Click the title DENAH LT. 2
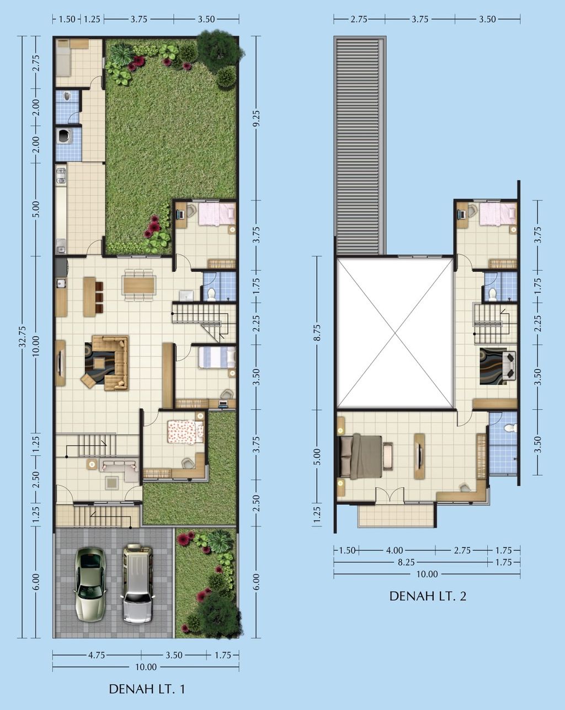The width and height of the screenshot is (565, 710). click(428, 596)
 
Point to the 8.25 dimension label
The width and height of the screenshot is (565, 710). click(406, 562)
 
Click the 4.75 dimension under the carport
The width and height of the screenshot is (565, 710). click(97, 655)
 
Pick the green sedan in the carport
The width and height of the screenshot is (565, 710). click(90, 585)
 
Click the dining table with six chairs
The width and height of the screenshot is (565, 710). click(138, 285)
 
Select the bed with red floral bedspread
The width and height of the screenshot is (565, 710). click(185, 432)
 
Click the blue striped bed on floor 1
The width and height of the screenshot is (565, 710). click(217, 357)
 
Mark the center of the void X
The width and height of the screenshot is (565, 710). click(395, 333)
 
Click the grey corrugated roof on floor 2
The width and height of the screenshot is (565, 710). click(360, 145)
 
